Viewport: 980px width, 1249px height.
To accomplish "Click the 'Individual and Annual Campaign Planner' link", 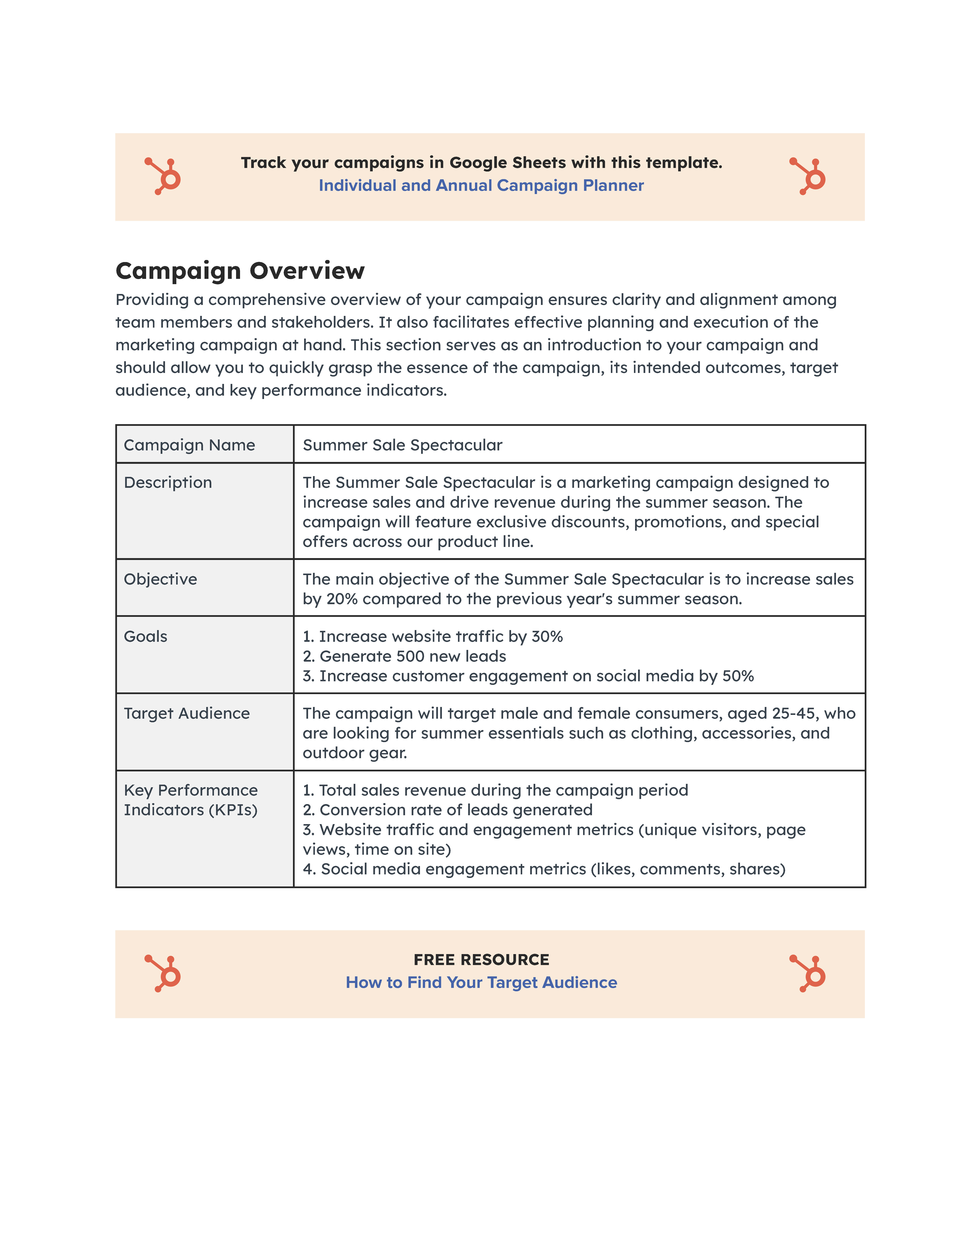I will (x=481, y=186).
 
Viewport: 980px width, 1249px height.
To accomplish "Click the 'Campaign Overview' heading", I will (x=240, y=271).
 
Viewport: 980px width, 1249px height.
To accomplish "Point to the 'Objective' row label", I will (x=160, y=579).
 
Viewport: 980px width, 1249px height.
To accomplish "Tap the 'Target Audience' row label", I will (x=187, y=713).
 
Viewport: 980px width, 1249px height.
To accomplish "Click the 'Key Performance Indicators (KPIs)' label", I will (x=191, y=800).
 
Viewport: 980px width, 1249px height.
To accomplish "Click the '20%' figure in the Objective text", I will (x=342, y=599).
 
